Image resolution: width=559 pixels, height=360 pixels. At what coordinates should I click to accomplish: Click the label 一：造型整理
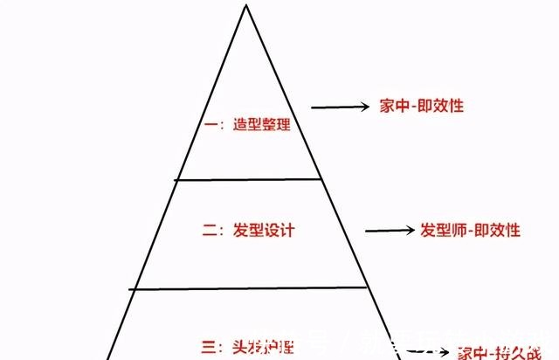point(247,124)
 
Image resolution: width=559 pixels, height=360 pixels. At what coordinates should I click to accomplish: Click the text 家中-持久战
point(499,351)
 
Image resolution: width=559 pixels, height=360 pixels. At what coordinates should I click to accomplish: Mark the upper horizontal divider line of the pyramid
point(248,180)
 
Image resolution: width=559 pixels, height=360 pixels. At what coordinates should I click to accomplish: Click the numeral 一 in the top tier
point(210,125)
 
